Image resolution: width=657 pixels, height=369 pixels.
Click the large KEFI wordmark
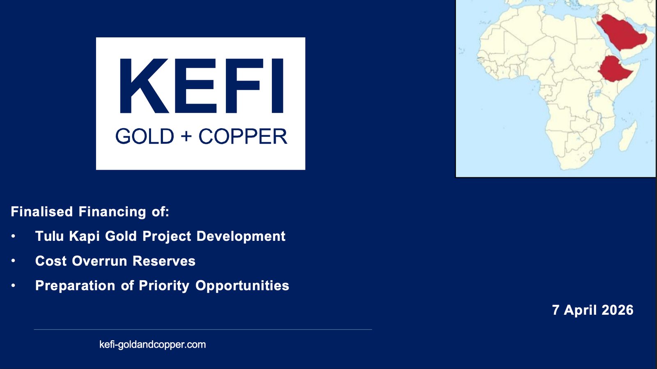(202, 86)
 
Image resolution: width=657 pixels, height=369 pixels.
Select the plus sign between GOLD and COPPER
(186, 136)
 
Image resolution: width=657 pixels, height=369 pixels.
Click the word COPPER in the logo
(243, 136)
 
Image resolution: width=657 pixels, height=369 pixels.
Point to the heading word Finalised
(41, 211)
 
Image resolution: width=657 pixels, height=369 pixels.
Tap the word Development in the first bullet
(241, 236)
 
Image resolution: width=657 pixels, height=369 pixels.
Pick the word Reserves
(164, 261)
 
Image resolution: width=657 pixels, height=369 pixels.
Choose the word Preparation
(75, 286)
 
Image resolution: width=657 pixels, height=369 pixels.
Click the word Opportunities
(242, 286)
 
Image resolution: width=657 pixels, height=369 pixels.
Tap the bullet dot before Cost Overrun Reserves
(13, 261)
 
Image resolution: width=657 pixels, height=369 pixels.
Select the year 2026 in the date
(618, 310)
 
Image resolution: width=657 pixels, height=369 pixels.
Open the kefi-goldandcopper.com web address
(152, 344)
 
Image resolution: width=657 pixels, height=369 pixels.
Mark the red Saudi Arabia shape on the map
(621, 32)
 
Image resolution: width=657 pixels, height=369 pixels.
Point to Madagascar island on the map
(628, 137)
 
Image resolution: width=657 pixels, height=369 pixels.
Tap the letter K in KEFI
(144, 86)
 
